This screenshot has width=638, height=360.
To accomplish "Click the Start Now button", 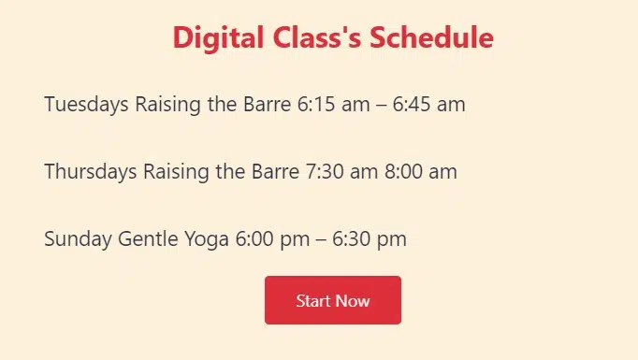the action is (x=333, y=300).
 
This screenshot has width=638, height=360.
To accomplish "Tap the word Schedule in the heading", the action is (x=431, y=37).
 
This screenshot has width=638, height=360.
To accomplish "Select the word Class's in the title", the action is (x=317, y=37).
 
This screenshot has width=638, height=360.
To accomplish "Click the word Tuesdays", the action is (x=86, y=105).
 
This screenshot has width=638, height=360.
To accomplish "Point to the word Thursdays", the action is (x=91, y=172).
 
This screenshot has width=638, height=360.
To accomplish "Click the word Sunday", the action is (x=78, y=239).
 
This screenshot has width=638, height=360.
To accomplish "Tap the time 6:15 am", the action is (x=334, y=104).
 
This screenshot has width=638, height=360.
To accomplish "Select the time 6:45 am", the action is (x=428, y=104).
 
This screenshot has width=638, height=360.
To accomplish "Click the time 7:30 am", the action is (x=341, y=171).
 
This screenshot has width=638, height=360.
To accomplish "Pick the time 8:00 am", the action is (x=421, y=171).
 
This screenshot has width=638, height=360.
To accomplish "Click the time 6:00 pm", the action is (x=272, y=239).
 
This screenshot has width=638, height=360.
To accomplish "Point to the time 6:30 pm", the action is (x=370, y=239).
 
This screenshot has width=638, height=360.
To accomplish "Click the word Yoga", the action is (x=207, y=239).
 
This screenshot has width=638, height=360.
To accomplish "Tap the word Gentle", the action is (x=148, y=238).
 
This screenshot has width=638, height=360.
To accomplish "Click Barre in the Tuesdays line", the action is (x=268, y=104).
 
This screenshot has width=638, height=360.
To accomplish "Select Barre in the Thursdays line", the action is (x=275, y=171).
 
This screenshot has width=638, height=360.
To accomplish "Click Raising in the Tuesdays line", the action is (x=168, y=105).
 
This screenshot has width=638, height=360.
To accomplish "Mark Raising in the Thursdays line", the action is (x=176, y=172).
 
